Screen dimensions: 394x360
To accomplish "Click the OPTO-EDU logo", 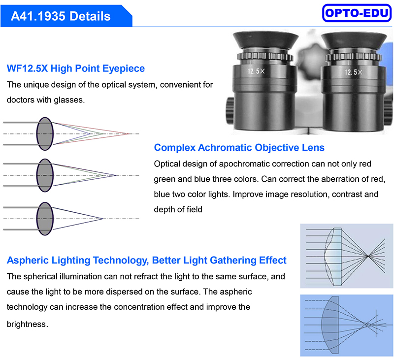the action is (357, 13).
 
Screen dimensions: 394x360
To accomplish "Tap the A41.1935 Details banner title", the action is (61, 16).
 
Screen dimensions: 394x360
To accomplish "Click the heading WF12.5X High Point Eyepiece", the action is (76, 68).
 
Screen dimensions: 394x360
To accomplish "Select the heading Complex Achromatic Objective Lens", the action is (239, 147).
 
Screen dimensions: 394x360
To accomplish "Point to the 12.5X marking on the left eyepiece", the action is (256, 71).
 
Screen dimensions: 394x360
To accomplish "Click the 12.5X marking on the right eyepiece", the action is (353, 72).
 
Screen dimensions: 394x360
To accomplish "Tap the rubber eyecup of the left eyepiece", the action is (265, 40).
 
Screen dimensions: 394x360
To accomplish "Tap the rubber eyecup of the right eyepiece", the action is (354, 41).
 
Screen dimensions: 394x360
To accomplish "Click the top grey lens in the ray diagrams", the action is (45, 133).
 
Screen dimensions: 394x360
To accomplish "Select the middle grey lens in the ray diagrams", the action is (45, 175).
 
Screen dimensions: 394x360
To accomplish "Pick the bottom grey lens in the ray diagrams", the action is (45, 219).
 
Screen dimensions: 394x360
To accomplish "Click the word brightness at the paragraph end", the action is (27, 324).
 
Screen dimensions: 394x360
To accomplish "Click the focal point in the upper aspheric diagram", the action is (367, 256).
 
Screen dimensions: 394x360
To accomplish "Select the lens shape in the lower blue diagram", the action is (329, 325).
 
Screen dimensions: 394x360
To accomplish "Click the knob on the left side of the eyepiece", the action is (230, 110).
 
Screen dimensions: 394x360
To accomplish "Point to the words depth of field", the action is (178, 209).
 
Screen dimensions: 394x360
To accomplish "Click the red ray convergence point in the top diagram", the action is (129, 133).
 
